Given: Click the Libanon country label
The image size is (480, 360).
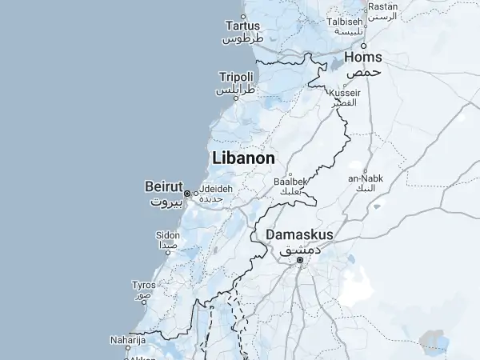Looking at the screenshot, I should pyautogui.click(x=243, y=158).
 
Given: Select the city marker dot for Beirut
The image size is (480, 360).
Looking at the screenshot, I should pyautogui.click(x=187, y=194).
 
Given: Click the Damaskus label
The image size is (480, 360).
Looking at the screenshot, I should pyautogui.click(x=299, y=234).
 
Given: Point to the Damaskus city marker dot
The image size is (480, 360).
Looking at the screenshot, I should pyautogui.click(x=300, y=260).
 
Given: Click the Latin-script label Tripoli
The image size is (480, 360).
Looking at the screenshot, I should pyautogui.click(x=236, y=77).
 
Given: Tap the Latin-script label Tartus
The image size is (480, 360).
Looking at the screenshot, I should pyautogui.click(x=243, y=25).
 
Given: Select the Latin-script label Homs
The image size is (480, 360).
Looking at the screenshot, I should pyautogui.click(x=363, y=58).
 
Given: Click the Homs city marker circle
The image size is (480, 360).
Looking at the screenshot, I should pyautogui.click(x=363, y=45).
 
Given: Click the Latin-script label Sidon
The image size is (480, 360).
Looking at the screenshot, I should pyautogui.click(x=168, y=235).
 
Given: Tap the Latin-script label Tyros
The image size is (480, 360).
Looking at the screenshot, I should pyautogui.click(x=144, y=285).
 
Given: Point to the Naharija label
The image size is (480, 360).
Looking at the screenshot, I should pyautogui.click(x=127, y=339).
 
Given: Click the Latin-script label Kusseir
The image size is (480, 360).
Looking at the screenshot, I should pyautogui.click(x=346, y=94).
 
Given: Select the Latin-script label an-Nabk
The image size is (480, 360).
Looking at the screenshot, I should pyautogui.click(x=365, y=178).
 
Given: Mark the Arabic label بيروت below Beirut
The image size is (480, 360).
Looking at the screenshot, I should pyautogui.click(x=167, y=202).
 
